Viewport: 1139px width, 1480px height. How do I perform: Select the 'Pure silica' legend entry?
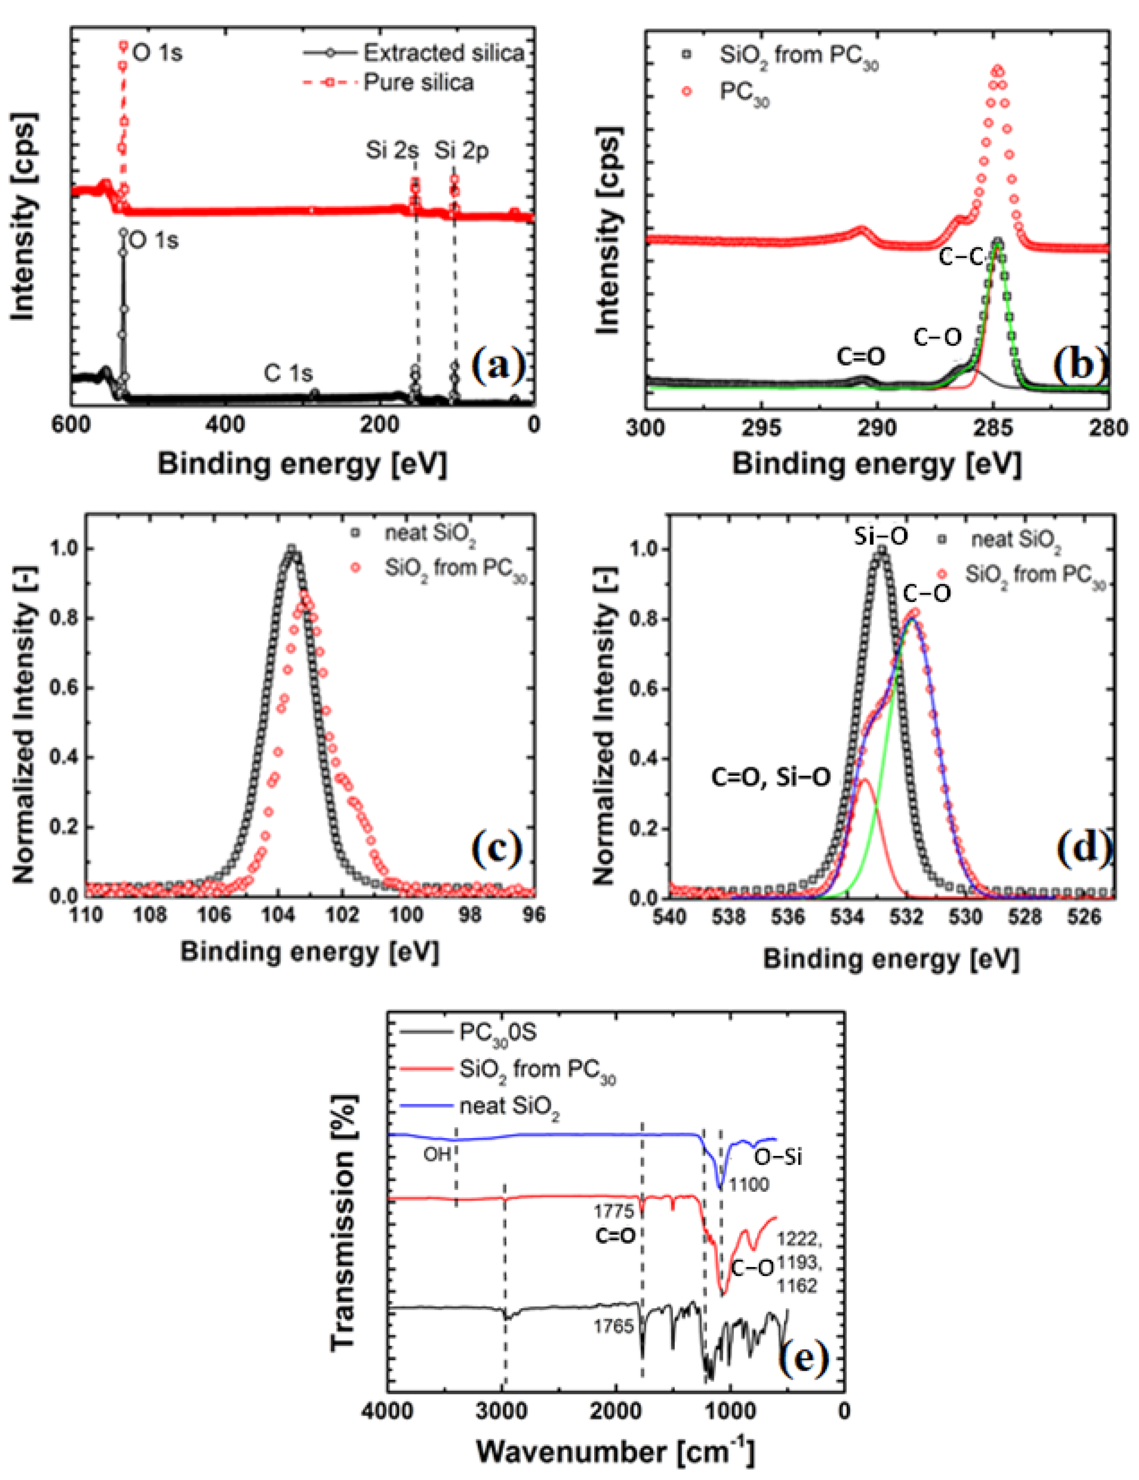tap(418, 83)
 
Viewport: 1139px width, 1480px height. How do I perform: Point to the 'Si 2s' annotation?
tap(392, 150)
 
